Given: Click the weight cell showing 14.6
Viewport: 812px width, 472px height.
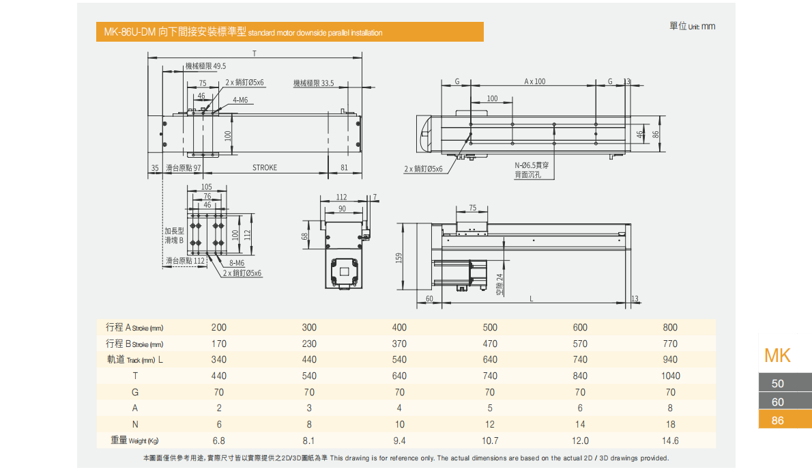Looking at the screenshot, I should pos(670,441).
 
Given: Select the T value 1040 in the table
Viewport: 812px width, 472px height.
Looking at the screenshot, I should pos(670,376).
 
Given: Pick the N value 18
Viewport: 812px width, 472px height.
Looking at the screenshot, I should pos(670,424).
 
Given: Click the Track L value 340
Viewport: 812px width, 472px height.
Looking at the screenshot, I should pos(218,359).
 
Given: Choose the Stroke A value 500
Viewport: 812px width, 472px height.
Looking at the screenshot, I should pos(489,327).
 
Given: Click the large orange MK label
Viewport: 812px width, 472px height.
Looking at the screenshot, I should pos(777,355).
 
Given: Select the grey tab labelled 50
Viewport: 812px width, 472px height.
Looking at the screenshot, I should pos(777,384).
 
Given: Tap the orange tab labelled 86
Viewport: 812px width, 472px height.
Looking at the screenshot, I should pos(777,420).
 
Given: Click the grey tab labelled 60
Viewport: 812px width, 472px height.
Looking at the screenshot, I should pos(777,402).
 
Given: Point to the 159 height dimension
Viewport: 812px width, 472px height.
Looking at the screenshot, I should pos(400,258).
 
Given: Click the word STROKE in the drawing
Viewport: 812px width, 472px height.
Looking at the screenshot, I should pos(265,167).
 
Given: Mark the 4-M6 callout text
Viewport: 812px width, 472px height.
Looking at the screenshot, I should pos(240,100).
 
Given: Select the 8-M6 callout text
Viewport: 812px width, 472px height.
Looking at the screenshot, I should pos(237,263).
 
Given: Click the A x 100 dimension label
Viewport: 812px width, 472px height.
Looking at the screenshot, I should pos(535,81).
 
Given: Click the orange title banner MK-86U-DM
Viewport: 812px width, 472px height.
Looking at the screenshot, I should pos(289,32).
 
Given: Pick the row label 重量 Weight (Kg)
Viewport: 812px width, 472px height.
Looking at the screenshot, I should pos(137,441).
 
